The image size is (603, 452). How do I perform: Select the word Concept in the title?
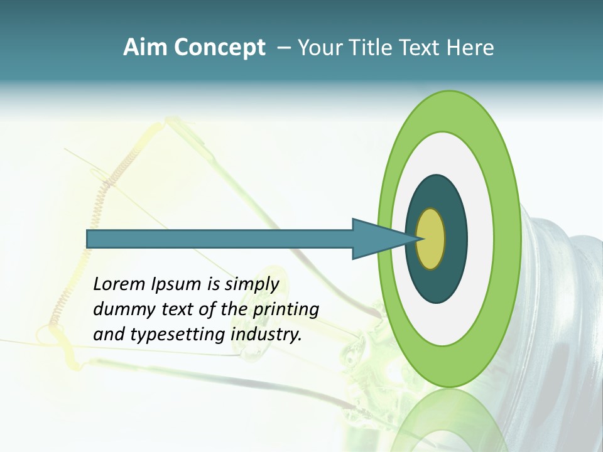(x=219, y=48)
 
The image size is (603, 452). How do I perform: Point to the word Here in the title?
(x=472, y=48)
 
